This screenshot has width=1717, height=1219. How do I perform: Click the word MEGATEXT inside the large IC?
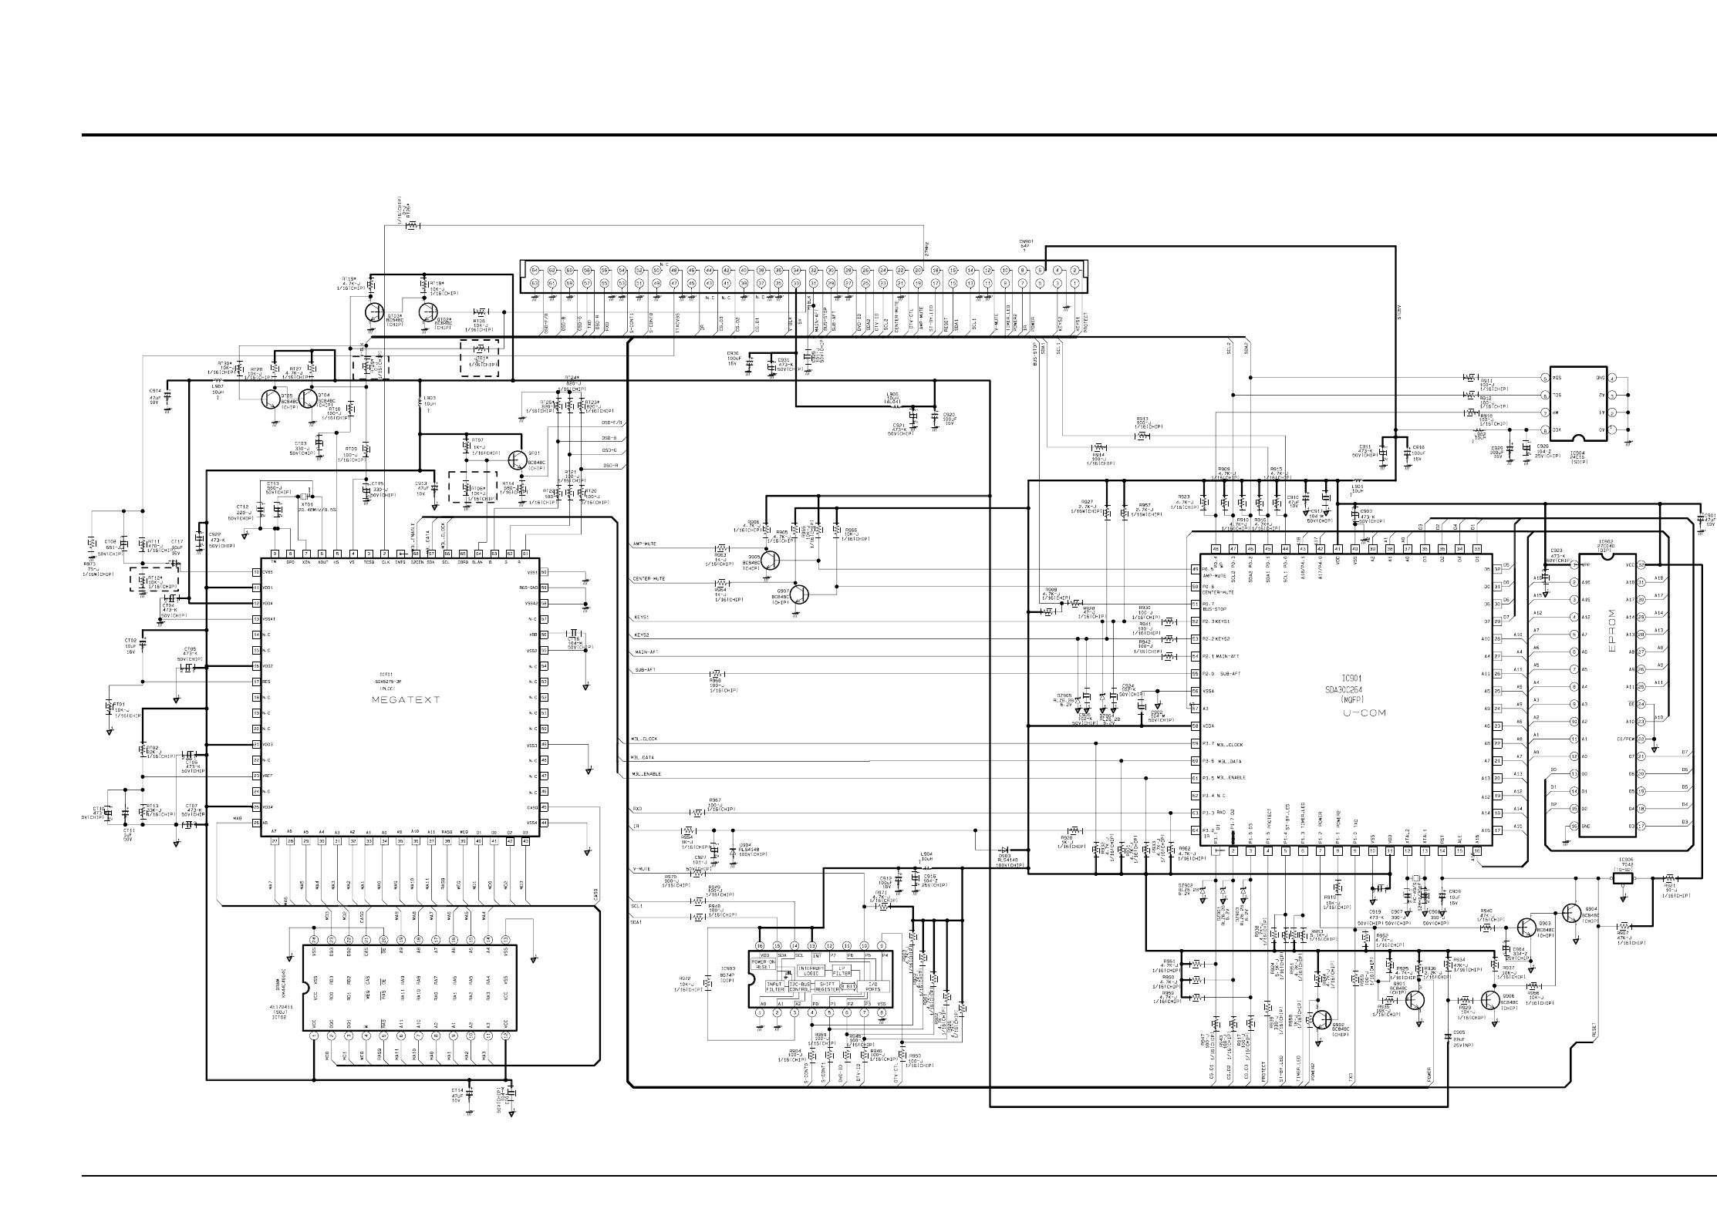tap(405, 699)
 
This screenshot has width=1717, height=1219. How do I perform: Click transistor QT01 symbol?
tap(516, 461)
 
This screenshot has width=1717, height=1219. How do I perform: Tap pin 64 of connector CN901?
tap(535, 271)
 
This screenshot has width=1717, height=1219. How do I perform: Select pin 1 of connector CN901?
tap(1074, 284)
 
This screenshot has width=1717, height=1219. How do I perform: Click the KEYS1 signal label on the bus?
tap(642, 618)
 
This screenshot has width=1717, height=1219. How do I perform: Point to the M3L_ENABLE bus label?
tap(646, 774)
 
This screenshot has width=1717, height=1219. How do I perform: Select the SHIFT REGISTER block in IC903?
tap(826, 986)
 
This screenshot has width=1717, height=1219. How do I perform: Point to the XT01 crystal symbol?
tap(307, 497)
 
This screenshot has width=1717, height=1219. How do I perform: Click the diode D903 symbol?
tap(1004, 851)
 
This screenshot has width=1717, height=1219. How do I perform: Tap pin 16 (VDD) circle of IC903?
tap(760, 945)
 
